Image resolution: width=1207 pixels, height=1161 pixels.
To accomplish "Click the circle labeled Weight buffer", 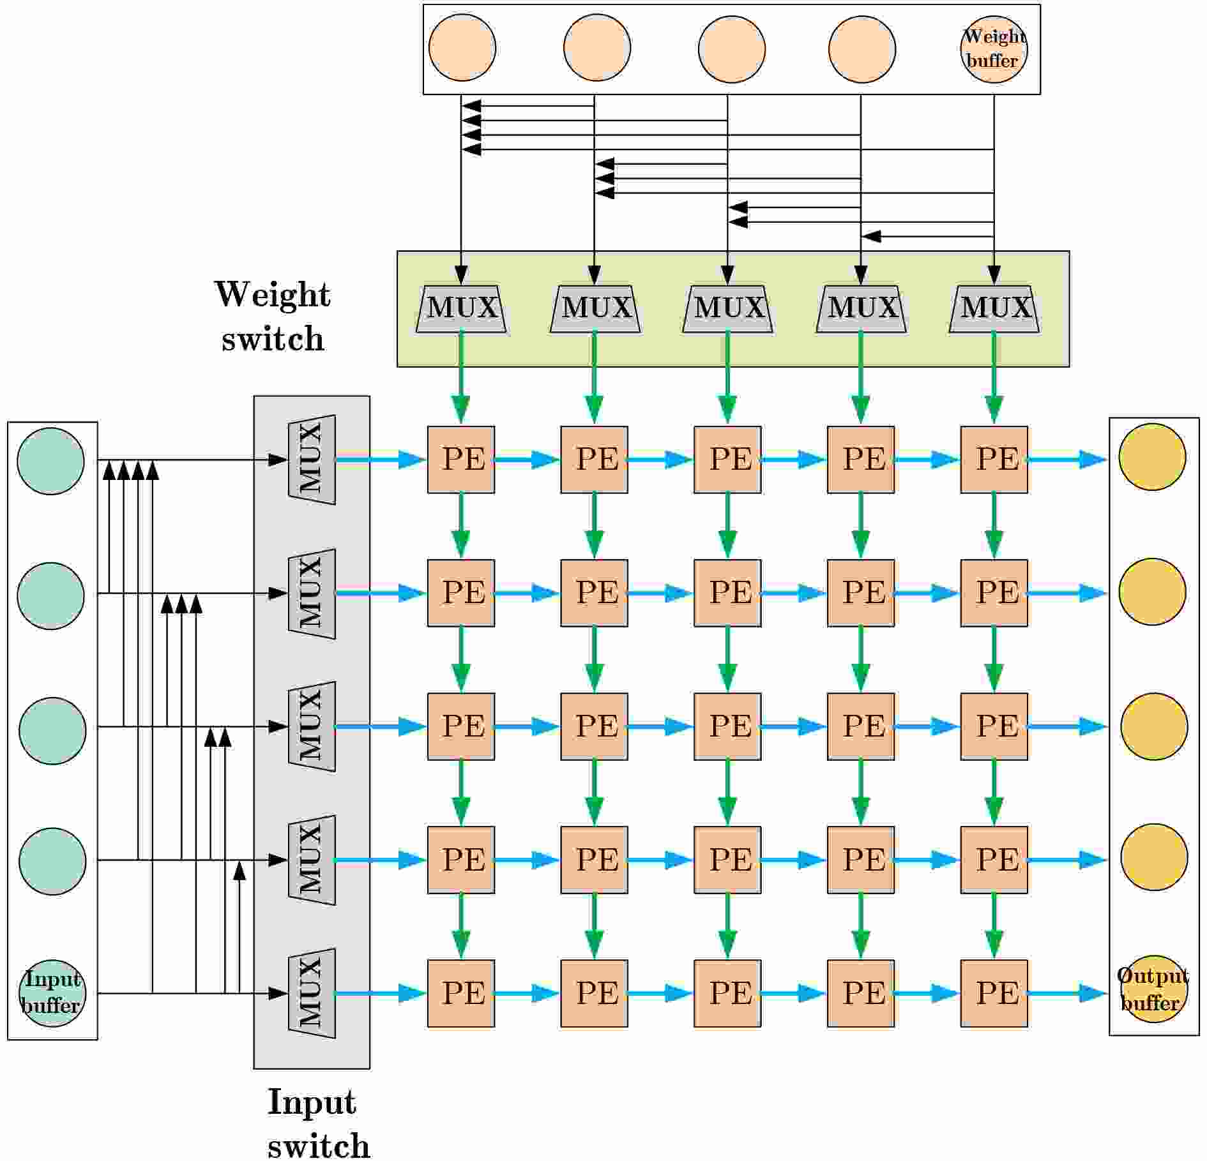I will [994, 49].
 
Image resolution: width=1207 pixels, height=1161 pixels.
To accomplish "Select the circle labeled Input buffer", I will [52, 993].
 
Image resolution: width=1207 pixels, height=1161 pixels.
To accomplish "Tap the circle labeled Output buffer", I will [1153, 989].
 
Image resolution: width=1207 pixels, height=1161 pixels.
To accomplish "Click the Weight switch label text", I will [273, 316].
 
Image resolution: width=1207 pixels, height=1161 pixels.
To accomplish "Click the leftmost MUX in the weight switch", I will [462, 309].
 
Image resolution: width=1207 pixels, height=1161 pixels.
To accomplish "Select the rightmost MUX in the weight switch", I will [994, 309].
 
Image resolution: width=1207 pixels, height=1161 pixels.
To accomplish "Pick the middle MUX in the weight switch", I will [728, 309].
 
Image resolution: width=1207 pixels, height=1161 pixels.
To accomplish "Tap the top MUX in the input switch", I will [312, 460].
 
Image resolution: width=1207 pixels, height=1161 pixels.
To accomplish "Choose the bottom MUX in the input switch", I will [312, 993].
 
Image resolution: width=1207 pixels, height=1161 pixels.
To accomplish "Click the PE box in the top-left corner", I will [461, 460].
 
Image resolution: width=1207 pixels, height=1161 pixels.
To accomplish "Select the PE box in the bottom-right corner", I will [994, 993].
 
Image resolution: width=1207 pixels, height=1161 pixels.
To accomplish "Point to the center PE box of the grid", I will [728, 726].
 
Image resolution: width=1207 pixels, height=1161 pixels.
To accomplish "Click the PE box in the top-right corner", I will [994, 460].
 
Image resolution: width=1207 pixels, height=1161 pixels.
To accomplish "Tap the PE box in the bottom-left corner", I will [461, 993].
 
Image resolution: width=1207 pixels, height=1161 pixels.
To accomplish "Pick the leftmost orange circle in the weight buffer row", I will [462, 48].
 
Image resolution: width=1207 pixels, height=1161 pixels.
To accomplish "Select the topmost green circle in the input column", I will [50, 461].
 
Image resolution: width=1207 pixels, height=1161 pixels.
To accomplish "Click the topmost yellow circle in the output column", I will [1153, 457].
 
